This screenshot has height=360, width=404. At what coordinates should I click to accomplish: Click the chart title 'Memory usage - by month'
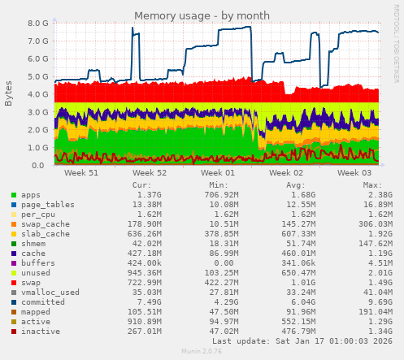pos(203,15)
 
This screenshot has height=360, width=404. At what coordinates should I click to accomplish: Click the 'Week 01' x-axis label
pos(218,173)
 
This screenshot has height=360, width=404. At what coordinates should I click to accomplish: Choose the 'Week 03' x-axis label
pos(354,173)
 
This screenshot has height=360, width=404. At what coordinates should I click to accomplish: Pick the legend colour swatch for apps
pos(13,196)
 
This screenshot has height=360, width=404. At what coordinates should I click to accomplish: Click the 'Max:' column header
pos(382,185)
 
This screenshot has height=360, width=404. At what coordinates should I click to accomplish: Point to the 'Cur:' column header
pos(142,185)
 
